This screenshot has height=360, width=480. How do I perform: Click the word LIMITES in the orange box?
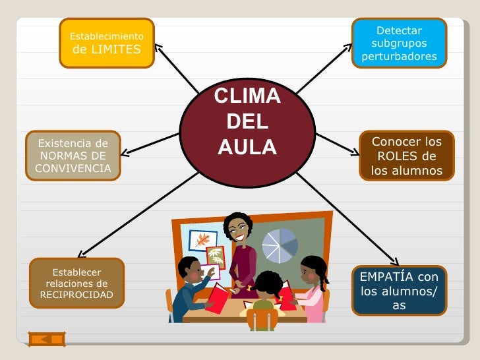(x=115, y=49)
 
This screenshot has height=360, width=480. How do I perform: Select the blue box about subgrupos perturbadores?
(x=399, y=44)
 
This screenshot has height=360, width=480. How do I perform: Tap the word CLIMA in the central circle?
(x=247, y=96)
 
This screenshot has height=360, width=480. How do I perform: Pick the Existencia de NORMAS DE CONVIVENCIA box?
(x=73, y=156)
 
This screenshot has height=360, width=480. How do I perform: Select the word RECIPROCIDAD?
(x=76, y=295)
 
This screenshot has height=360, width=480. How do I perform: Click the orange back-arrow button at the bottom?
(x=47, y=339)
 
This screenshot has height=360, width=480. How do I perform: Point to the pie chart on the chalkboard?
(x=280, y=245)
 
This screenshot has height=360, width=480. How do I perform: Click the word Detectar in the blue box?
(x=399, y=31)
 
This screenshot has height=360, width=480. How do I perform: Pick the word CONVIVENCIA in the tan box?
(x=73, y=168)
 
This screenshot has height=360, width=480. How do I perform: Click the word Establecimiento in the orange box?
(x=106, y=36)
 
